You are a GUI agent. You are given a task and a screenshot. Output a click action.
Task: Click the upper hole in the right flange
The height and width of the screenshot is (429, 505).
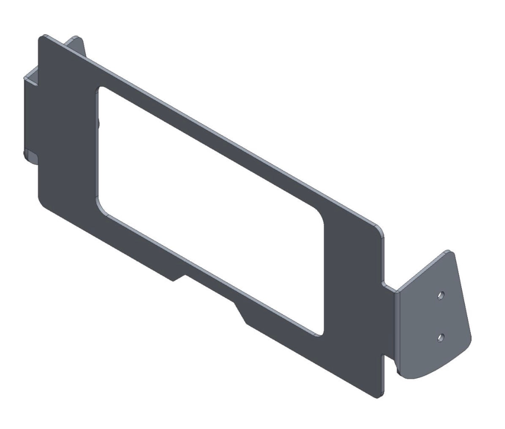441,295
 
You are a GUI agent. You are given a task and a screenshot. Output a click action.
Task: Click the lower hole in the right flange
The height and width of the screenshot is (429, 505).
441,337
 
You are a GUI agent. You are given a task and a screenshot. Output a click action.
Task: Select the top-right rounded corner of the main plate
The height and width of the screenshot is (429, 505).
380,231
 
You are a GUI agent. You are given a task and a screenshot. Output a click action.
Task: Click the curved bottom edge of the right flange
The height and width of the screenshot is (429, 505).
439,371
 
